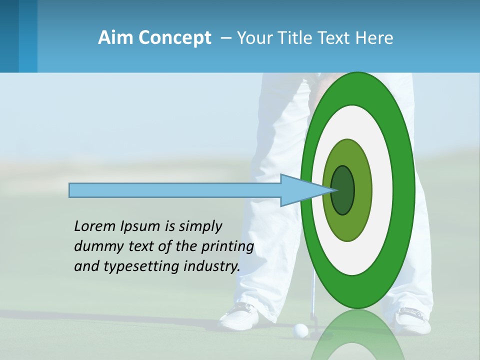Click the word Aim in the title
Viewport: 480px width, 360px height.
click(116, 38)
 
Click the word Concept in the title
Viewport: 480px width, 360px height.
click(175, 38)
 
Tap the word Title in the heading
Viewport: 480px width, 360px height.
click(296, 38)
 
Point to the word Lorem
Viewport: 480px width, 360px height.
click(94, 226)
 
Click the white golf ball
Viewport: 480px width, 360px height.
click(300, 329)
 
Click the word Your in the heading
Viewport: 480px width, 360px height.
click(254, 38)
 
